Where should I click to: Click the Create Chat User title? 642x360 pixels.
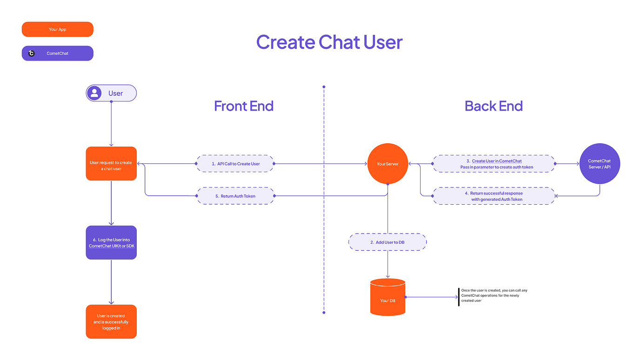(329, 42)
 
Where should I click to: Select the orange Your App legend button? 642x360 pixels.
(58, 29)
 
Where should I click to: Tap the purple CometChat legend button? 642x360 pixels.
(58, 53)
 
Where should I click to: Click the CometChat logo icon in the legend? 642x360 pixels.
(32, 53)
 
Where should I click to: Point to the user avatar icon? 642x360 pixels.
(94, 93)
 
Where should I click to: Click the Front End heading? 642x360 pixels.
(243, 106)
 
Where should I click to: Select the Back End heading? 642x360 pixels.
(493, 106)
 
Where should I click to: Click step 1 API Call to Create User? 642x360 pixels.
(235, 164)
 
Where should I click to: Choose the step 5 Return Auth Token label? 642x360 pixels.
(235, 196)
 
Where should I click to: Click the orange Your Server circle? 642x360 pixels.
(388, 164)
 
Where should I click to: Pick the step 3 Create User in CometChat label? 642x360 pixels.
(494, 164)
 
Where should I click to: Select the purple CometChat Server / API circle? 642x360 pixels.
(600, 164)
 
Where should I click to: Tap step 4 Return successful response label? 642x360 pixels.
(494, 196)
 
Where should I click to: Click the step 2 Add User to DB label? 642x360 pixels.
(388, 242)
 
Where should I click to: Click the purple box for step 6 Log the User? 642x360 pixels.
(111, 242)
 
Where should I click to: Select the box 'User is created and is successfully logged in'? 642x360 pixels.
(111, 321)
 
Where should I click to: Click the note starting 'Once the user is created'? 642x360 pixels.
(494, 295)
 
